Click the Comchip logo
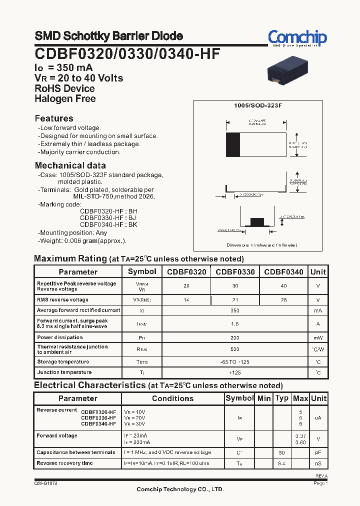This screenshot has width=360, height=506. point(297,38)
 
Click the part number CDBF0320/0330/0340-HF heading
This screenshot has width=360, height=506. point(127,53)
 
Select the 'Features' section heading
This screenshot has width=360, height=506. point(54,118)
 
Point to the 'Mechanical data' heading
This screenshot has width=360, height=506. point(70,165)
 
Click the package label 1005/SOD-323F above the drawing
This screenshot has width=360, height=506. point(258,106)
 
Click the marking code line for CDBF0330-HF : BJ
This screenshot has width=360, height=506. point(108,218)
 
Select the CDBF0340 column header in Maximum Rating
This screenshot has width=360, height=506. point(283,272)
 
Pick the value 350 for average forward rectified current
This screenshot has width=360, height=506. point(235,310)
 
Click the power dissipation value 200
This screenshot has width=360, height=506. point(235,338)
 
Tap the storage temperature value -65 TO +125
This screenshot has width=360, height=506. point(235,361)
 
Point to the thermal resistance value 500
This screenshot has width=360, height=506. point(235,349)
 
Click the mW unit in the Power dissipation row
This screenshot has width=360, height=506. point(318,338)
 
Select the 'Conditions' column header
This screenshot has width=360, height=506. point(172,398)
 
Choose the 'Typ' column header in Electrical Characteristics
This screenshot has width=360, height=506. point(282,398)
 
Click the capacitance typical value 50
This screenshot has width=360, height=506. point(282,452)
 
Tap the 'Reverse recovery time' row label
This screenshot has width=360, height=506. point(64,463)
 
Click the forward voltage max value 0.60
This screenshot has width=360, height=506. point(300,442)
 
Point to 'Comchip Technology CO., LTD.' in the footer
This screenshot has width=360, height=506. point(180,489)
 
